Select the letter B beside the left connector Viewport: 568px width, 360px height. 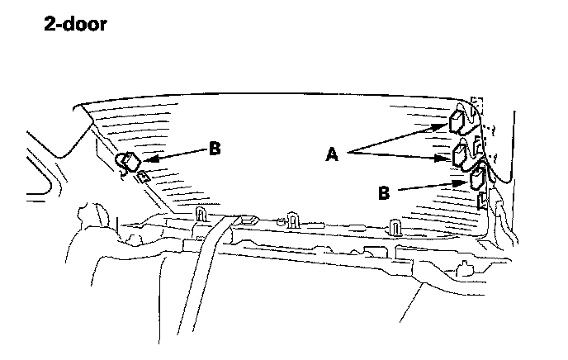point(215,149)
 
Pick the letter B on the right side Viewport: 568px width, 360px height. point(384,192)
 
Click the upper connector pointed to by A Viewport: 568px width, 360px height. point(456,123)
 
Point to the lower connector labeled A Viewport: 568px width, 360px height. point(461,154)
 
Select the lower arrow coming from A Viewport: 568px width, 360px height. point(400,155)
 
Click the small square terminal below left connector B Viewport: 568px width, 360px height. point(143,176)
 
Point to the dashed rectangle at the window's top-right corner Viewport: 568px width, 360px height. point(474,106)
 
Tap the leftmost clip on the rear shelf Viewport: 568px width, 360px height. point(200,216)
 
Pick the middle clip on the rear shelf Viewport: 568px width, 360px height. point(292,220)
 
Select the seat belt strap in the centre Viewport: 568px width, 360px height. point(207,272)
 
